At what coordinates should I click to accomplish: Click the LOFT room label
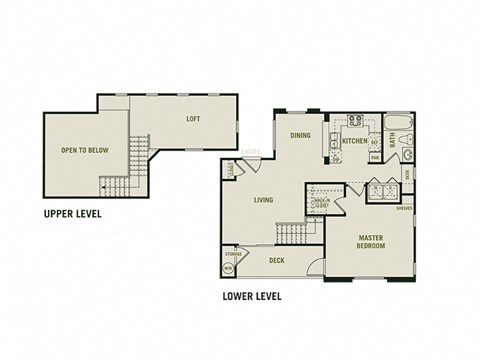click(x=192, y=118)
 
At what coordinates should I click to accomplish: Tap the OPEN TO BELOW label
click(x=85, y=150)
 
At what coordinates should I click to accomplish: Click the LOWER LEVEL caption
click(x=252, y=296)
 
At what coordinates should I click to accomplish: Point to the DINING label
click(x=300, y=135)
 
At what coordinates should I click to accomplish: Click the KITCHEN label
click(x=354, y=142)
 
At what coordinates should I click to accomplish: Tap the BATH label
click(x=393, y=141)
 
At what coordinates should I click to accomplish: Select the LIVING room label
click(x=264, y=200)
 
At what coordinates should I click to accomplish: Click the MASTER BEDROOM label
click(x=371, y=242)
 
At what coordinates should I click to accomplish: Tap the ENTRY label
click(x=251, y=152)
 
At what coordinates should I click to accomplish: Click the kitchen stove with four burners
click(x=354, y=123)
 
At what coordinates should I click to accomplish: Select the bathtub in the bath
click(x=397, y=125)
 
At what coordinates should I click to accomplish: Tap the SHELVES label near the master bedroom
click(x=404, y=209)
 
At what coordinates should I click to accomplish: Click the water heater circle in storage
click(x=229, y=268)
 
